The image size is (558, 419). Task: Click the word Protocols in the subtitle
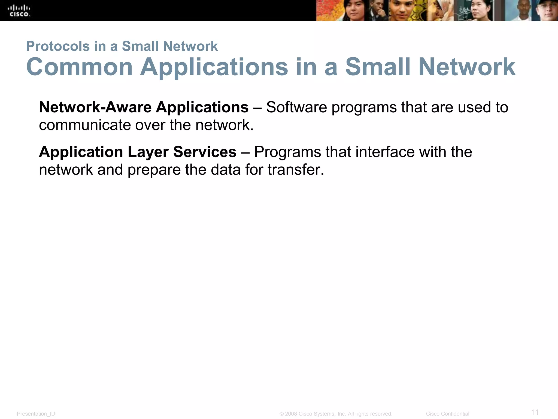click(58, 46)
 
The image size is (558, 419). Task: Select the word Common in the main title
click(79, 67)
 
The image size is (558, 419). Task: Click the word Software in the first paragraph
click(296, 107)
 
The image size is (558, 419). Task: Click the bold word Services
click(205, 152)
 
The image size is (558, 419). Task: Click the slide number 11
click(535, 412)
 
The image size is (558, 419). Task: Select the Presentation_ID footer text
click(36, 414)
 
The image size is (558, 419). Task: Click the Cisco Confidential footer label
click(447, 414)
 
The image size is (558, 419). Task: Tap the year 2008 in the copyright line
click(291, 414)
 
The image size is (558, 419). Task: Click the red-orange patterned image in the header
click(328, 11)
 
